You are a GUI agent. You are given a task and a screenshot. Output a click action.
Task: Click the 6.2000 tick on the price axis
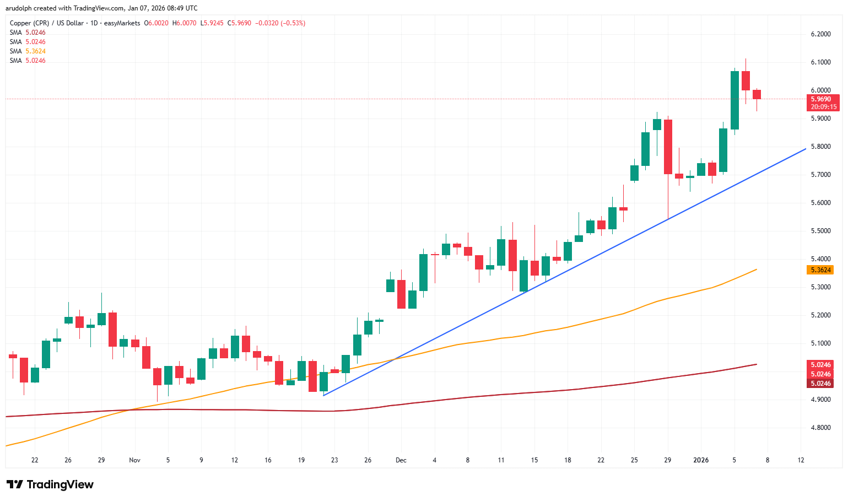[820, 34]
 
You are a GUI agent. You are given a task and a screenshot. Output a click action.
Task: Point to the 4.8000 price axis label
[820, 428]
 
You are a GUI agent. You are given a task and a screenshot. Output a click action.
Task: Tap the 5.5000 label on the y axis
[820, 231]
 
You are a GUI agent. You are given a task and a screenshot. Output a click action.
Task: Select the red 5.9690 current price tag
[821, 100]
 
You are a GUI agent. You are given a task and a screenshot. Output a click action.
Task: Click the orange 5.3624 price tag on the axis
[820, 270]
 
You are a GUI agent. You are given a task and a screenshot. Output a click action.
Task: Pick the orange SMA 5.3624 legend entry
[28, 51]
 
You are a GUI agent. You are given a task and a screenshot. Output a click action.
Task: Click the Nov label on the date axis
[134, 460]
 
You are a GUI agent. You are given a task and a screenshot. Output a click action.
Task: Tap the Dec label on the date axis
[401, 460]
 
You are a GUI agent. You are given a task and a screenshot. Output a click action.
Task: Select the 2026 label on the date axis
[700, 460]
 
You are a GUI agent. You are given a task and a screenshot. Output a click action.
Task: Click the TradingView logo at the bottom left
[51, 485]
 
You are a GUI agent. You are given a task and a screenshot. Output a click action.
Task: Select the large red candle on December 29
[668, 147]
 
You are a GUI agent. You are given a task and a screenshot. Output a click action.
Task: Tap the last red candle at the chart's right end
[757, 95]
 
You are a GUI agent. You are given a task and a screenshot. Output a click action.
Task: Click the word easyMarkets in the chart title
[124, 23]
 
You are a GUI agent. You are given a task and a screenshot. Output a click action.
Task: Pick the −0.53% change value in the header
[293, 23]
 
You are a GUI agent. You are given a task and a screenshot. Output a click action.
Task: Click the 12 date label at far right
[801, 460]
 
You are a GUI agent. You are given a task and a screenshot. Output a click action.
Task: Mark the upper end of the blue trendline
[806, 148]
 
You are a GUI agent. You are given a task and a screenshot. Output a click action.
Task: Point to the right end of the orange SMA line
[757, 269]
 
